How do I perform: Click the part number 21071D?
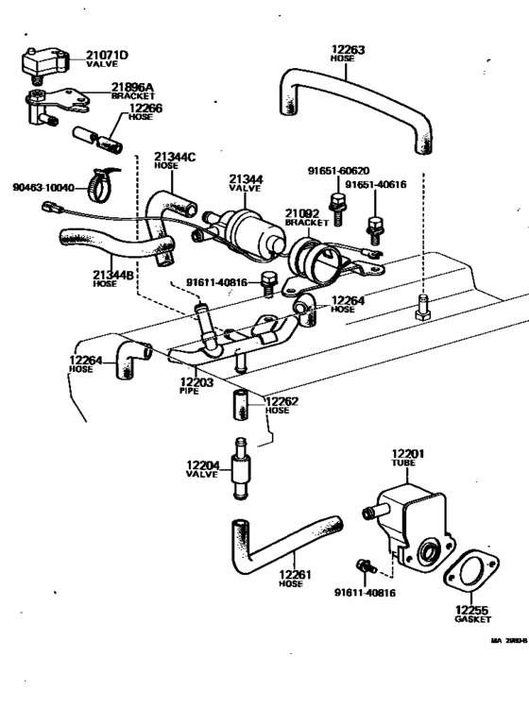pyautogui.click(x=108, y=54)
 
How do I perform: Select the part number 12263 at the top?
pyautogui.click(x=348, y=49)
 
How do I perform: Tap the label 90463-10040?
pyautogui.click(x=43, y=187)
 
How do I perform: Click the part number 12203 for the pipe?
pyautogui.click(x=197, y=383)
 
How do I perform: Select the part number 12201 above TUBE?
pyautogui.click(x=407, y=455)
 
